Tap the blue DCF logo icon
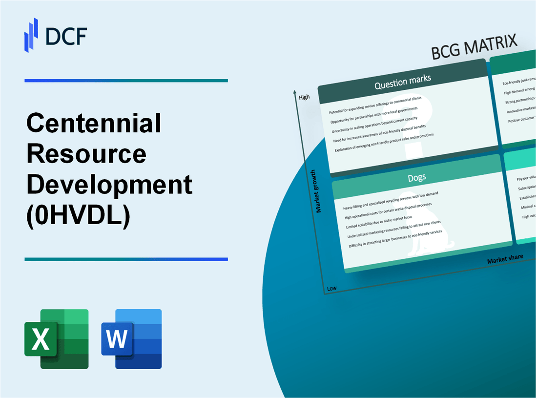pyautogui.click(x=31, y=35)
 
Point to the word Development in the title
pyautogui.click(x=109, y=186)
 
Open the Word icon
pyautogui.click(x=132, y=338)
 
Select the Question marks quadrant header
pyautogui.click(x=402, y=83)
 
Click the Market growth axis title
pyautogui.click(x=319, y=191)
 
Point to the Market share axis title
pyautogui.click(x=505, y=259)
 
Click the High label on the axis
pyautogui.click(x=304, y=97)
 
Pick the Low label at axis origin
pyautogui.click(x=331, y=288)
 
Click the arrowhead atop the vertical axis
pyautogui.click(x=295, y=92)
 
